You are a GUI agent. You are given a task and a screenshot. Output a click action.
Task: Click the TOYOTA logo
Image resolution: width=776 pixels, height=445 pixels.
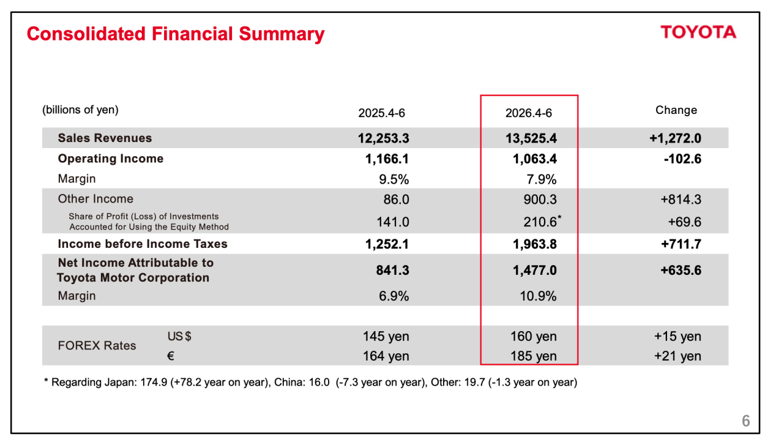click(698, 32)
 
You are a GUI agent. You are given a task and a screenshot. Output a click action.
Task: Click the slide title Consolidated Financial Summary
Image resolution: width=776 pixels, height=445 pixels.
click(176, 34)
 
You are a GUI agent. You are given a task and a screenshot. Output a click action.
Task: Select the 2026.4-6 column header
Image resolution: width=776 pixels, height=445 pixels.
click(529, 113)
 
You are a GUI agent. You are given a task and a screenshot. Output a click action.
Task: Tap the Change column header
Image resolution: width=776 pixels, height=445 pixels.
click(676, 110)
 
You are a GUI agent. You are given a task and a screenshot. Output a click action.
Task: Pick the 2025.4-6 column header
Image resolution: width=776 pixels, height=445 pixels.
click(381, 113)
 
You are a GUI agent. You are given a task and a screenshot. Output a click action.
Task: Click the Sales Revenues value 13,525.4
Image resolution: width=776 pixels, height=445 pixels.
click(531, 138)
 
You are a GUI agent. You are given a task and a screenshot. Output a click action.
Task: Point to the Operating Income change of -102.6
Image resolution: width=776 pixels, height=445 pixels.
click(682, 159)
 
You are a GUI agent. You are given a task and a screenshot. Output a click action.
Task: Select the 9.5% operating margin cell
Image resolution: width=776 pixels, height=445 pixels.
click(394, 179)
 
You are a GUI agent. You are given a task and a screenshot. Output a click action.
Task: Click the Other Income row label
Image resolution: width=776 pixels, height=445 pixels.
click(95, 198)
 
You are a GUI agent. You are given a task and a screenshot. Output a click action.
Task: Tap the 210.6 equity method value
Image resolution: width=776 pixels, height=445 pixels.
click(540, 222)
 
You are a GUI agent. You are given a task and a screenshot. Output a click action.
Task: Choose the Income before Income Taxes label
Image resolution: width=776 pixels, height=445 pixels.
click(143, 244)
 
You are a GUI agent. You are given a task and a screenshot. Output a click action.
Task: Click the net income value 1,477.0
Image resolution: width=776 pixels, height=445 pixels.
click(534, 271)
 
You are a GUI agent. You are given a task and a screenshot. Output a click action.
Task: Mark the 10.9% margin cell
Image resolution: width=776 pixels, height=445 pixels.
click(538, 296)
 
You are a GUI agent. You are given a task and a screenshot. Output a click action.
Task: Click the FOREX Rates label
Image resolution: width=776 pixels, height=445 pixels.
click(97, 346)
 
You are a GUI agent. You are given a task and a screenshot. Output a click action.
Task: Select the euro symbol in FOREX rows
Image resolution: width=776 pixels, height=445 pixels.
click(171, 356)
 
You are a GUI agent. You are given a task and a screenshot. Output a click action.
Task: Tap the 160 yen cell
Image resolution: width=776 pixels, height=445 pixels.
click(534, 336)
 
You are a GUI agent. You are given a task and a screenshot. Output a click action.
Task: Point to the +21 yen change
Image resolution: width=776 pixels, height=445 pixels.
click(677, 356)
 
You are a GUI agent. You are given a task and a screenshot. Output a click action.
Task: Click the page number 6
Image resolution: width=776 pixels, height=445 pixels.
click(746, 421)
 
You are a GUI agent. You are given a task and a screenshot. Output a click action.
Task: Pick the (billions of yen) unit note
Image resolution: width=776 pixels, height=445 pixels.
click(80, 110)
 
